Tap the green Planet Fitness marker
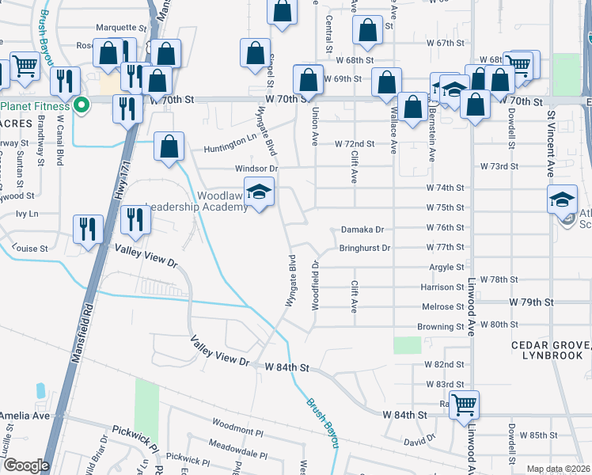point(81,106)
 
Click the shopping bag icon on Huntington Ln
point(169,146)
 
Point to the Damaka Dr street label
point(362,230)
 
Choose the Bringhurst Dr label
point(365,248)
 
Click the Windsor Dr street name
point(256,169)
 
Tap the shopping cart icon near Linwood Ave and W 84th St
point(464,405)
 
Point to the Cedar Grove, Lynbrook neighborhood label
point(545,351)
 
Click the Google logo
point(25,465)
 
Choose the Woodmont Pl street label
point(237,431)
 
